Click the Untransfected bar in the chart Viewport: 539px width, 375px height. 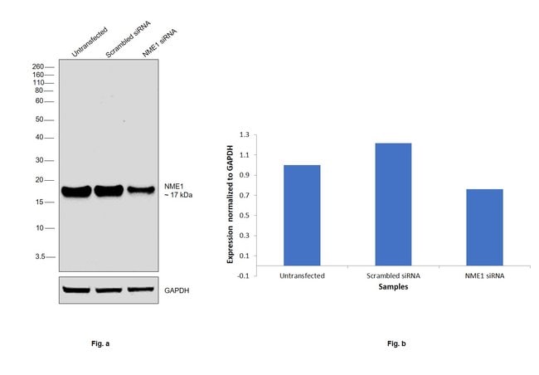pyautogui.click(x=303, y=215)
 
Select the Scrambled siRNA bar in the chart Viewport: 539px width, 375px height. pyautogui.click(x=393, y=204)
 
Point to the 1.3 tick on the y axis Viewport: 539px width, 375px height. pyautogui.click(x=245, y=134)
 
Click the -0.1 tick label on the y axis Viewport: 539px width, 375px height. pyautogui.click(x=243, y=275)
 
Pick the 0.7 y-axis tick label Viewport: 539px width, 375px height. pyautogui.click(x=245, y=195)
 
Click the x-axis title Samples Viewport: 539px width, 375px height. pyautogui.click(x=392, y=288)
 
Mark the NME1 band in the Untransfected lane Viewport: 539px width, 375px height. pyautogui.click(x=76, y=192)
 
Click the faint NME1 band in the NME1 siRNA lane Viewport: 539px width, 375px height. pyautogui.click(x=140, y=190)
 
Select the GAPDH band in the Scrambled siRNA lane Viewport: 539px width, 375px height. pyautogui.click(x=108, y=290)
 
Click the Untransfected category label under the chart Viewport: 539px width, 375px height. pyautogui.click(x=303, y=275)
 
